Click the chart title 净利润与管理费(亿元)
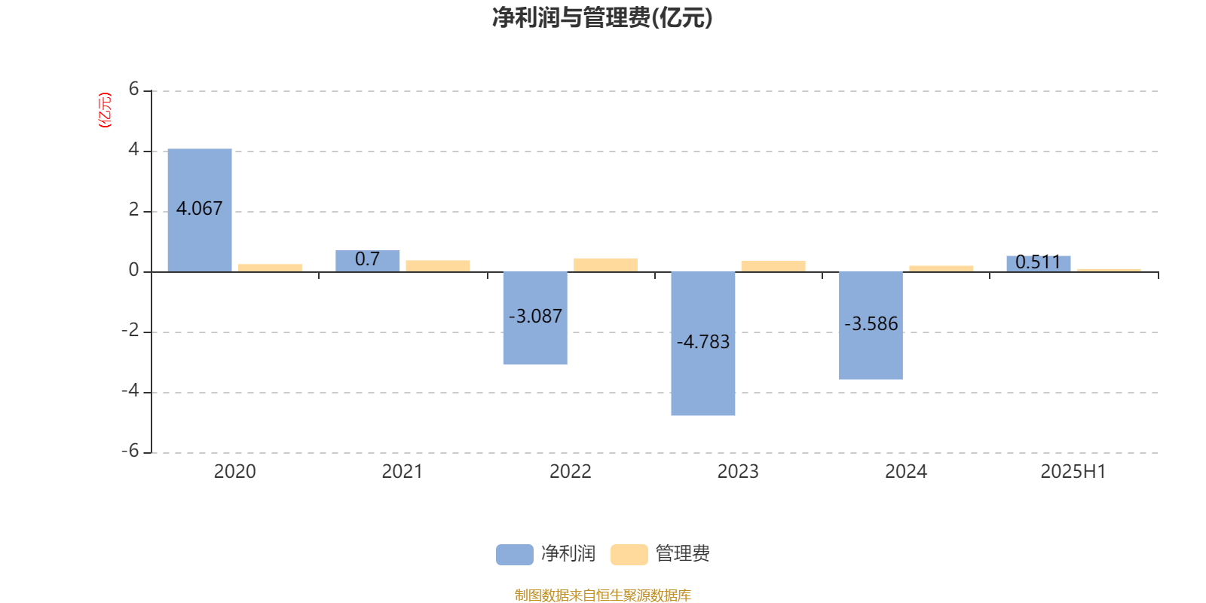point(602,17)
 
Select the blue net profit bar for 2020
point(200,210)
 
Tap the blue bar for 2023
point(703,344)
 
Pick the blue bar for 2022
point(535,318)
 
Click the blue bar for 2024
point(871,326)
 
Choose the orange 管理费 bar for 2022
point(606,265)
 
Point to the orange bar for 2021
point(438,266)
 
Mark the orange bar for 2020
point(271,268)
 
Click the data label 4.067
point(199,208)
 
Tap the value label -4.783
point(703,342)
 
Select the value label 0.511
point(1038,262)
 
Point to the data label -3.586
point(871,323)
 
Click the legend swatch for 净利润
point(515,555)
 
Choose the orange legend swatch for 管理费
point(629,555)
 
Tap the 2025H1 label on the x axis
point(1073,472)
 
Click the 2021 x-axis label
point(403,472)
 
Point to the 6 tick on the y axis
point(133,89)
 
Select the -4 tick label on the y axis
point(130,391)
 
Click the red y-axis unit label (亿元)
point(105,110)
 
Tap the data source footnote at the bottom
point(602,595)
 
